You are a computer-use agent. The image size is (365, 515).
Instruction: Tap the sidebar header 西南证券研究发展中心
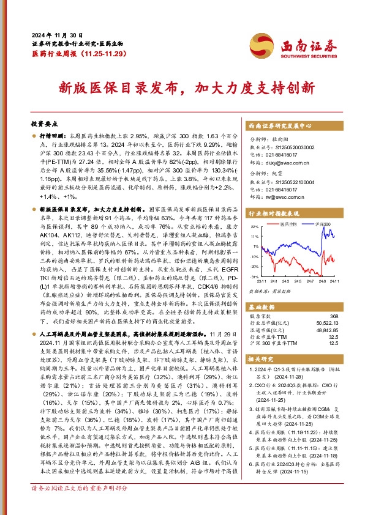(x=281, y=125)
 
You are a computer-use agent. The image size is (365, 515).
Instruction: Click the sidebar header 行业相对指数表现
(x=273, y=214)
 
